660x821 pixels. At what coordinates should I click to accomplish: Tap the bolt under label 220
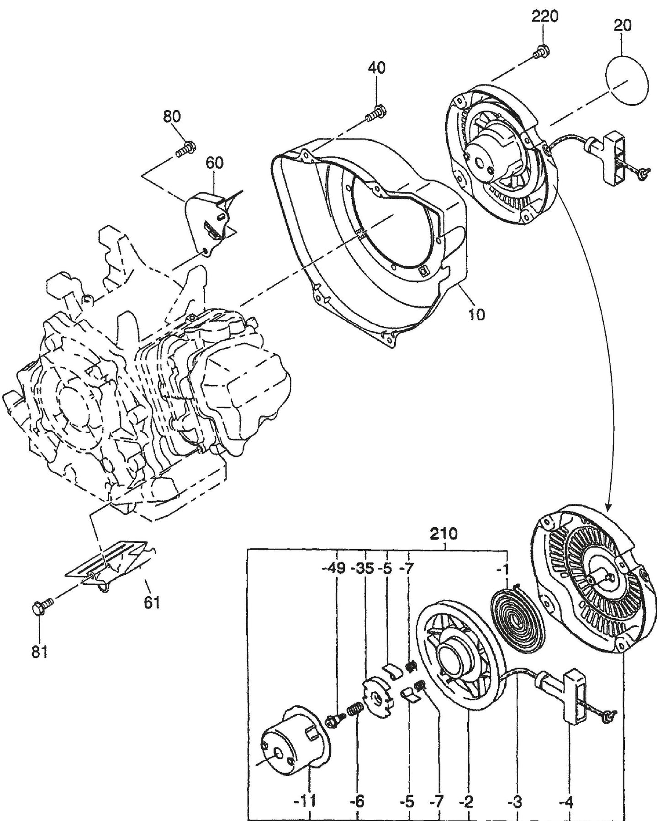tap(542, 51)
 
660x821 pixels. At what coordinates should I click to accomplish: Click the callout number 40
tap(376, 68)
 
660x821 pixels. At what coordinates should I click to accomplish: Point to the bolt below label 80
tap(185, 148)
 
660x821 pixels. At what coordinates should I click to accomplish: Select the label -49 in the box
tap(335, 569)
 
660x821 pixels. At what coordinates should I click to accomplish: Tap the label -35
tap(362, 569)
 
